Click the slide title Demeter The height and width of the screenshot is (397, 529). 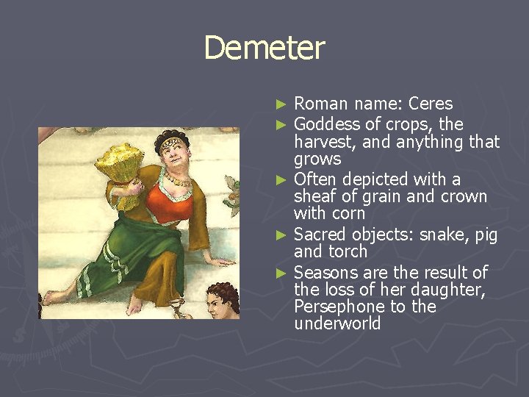click(x=264, y=49)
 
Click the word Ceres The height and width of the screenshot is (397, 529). click(x=431, y=104)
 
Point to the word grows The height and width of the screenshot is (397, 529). click(x=317, y=160)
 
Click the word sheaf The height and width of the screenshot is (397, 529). click(x=314, y=196)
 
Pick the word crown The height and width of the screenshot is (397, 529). click(x=461, y=196)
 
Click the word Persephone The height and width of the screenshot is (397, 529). click(x=338, y=307)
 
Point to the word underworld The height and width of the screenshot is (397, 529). click(x=337, y=324)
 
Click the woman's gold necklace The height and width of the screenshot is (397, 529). click(x=176, y=179)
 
